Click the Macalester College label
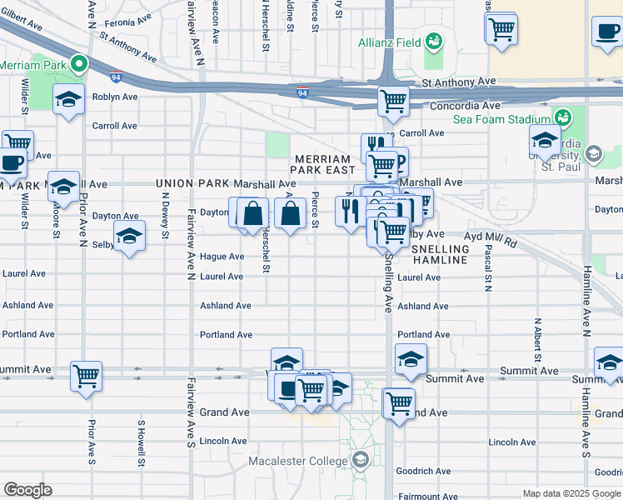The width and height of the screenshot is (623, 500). pyautogui.click(x=298, y=461)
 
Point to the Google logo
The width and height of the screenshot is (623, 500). pyautogui.click(x=27, y=490)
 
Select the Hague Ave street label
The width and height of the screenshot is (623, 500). pyautogui.click(x=222, y=257)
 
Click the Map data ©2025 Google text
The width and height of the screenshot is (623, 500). pyautogui.click(x=571, y=493)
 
